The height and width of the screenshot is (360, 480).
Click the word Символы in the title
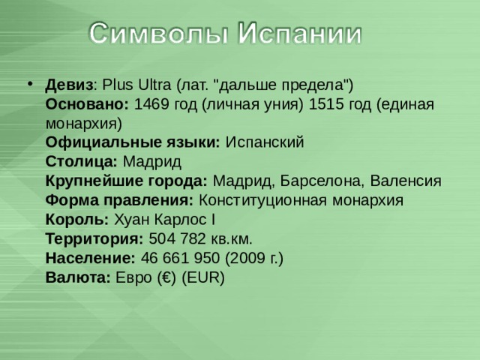coord(159,33)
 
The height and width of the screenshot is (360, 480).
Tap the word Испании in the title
coord(300,32)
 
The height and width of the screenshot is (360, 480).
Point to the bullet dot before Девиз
coord(30,83)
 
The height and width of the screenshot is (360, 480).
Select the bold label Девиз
coord(69,85)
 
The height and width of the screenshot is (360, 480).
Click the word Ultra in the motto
coord(154,85)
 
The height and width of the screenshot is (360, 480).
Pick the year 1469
coord(151,104)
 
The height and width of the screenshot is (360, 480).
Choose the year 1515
coord(326,104)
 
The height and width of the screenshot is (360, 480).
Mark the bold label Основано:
coord(87,104)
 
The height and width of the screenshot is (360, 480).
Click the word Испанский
coord(265,142)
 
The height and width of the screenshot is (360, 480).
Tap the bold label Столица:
coord(82,162)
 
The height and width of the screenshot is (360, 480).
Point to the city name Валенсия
coord(406,181)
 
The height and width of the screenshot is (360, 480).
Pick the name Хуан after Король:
coord(132,220)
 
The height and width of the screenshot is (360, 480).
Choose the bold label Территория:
coord(94,239)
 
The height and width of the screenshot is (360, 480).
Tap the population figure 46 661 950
coord(180,258)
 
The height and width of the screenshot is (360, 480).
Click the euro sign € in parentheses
coord(167,277)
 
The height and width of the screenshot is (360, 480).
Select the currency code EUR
coord(203,277)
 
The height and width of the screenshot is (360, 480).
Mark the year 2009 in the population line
coord(247,258)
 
